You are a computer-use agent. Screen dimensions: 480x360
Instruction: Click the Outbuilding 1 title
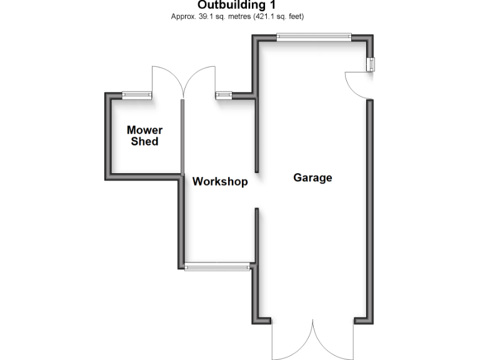click(x=237, y=5)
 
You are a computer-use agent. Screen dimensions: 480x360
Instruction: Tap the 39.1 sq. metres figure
click(x=225, y=16)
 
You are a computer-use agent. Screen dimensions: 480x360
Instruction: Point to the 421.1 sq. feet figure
click(x=278, y=16)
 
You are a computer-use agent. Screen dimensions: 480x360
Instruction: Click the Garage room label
click(x=312, y=177)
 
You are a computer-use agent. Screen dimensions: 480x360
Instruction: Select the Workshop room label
click(x=220, y=181)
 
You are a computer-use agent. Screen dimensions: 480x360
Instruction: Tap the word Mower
click(x=144, y=130)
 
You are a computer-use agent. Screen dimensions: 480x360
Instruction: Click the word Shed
click(x=144, y=141)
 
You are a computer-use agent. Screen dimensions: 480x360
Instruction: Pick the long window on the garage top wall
click(x=314, y=37)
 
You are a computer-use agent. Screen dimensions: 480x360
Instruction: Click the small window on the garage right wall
click(x=371, y=64)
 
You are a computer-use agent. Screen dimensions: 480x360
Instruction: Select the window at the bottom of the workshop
click(x=217, y=266)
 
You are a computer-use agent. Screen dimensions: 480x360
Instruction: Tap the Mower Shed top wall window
click(x=137, y=95)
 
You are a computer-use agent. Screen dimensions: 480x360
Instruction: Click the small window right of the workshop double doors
click(x=224, y=95)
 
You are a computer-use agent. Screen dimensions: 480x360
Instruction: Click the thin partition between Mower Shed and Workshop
click(x=182, y=137)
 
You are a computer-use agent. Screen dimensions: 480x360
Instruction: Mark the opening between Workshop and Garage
click(x=256, y=191)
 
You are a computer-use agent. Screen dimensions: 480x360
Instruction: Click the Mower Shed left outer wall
click(x=107, y=136)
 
